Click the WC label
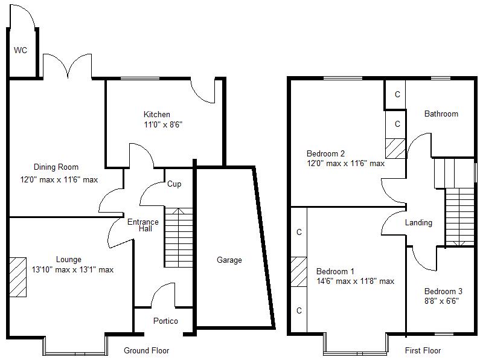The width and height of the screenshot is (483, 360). click(x=21, y=51)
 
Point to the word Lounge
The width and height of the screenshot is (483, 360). click(x=69, y=260)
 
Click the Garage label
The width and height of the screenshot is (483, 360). click(x=229, y=260)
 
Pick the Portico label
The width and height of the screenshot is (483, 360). click(x=165, y=321)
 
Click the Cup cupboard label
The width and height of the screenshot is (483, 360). click(x=174, y=184)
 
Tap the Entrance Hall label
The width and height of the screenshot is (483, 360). click(x=143, y=225)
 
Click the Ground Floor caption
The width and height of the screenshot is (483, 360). click(x=146, y=350)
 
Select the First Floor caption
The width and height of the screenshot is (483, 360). click(x=423, y=350)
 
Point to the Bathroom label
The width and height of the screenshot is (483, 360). click(x=441, y=114)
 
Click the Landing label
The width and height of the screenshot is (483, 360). click(x=418, y=223)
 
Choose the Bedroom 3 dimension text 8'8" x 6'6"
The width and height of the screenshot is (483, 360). click(x=441, y=300)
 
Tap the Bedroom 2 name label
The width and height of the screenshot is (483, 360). click(x=325, y=153)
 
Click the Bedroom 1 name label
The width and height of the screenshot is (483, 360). click(x=336, y=271)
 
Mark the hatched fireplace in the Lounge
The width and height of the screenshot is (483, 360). click(x=18, y=277)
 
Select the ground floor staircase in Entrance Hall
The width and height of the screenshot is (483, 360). click(x=178, y=237)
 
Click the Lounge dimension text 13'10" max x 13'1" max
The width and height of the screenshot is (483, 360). click(x=72, y=270)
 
